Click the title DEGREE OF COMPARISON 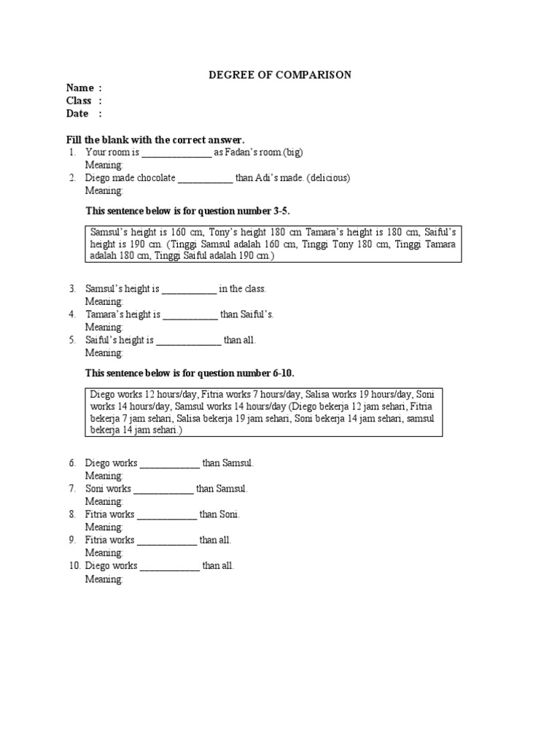281,74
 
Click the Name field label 80,88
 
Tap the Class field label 79,101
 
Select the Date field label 77,114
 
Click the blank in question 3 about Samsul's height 189,290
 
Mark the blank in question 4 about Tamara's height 190,315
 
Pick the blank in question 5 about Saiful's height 189,341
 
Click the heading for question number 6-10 190,373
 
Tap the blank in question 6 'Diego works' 169,464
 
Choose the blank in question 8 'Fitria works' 167,515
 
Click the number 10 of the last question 74,565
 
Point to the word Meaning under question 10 104,578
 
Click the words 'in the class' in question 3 243,289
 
